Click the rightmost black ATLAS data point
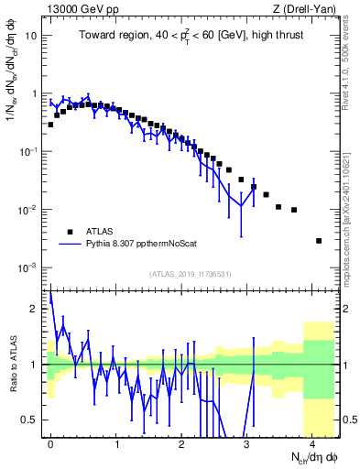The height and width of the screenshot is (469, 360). [x=319, y=241]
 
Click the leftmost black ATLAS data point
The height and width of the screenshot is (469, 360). [x=50, y=125]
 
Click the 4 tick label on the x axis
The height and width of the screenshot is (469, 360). [x=312, y=442]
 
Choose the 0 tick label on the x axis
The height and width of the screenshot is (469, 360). [x=50, y=442]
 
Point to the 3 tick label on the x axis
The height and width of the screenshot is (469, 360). [x=247, y=442]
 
